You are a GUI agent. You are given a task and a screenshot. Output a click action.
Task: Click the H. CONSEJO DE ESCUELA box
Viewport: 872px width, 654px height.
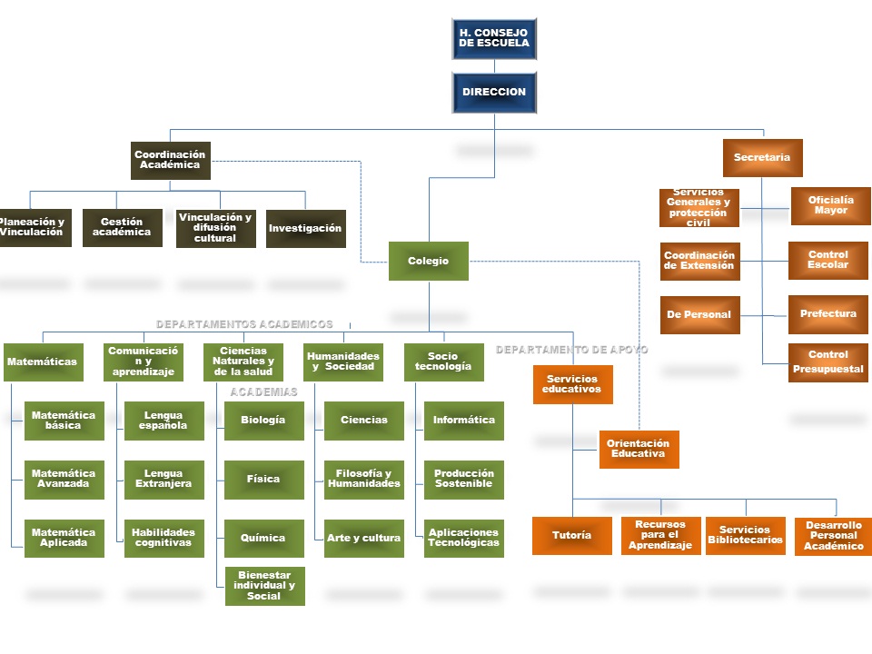(x=494, y=39)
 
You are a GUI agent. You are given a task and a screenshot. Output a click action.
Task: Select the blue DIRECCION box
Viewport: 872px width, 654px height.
(x=494, y=93)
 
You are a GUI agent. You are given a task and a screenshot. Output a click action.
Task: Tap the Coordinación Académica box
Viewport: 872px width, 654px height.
(x=170, y=161)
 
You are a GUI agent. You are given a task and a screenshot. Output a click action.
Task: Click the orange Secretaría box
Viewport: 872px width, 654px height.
(x=762, y=158)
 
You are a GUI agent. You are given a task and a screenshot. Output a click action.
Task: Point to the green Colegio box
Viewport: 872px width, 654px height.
(x=429, y=262)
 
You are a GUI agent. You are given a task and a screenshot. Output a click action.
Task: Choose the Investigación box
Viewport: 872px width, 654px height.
(x=305, y=229)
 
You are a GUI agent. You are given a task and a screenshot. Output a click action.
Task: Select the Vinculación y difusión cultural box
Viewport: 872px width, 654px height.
(x=215, y=229)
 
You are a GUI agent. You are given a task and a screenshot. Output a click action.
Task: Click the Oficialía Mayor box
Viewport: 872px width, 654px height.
(x=830, y=206)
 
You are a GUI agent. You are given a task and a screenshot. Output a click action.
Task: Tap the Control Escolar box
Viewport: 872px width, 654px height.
(x=828, y=261)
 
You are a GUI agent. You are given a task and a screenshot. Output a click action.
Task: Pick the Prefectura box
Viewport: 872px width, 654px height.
(x=828, y=314)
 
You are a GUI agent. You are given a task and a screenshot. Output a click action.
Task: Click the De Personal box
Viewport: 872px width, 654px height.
(x=699, y=315)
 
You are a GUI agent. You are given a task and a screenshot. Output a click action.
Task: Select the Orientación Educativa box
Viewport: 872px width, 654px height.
(x=639, y=450)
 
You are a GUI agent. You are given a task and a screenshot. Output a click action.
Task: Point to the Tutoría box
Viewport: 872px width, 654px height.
(x=572, y=536)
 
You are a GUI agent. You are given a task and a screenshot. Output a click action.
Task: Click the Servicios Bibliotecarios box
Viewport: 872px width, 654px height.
(x=745, y=536)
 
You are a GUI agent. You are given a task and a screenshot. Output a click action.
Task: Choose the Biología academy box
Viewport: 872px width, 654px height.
(x=263, y=421)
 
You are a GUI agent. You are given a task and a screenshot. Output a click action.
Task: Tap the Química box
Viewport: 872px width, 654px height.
(x=263, y=539)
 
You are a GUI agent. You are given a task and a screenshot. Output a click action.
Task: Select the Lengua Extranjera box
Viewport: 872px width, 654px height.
(x=163, y=480)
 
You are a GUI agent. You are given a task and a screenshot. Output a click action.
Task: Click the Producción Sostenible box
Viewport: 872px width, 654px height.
(x=463, y=480)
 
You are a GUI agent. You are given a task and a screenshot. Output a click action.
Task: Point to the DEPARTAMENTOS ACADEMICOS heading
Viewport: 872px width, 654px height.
(x=244, y=324)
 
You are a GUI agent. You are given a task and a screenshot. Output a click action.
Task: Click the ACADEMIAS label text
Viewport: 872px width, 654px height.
(x=263, y=392)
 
